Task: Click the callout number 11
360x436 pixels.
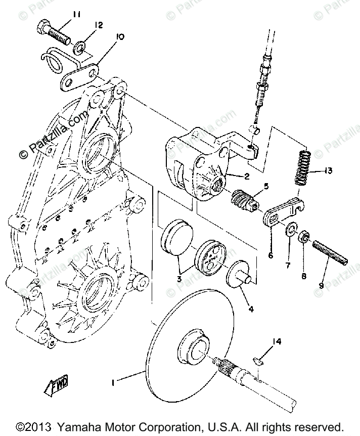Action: click(x=76, y=15)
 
